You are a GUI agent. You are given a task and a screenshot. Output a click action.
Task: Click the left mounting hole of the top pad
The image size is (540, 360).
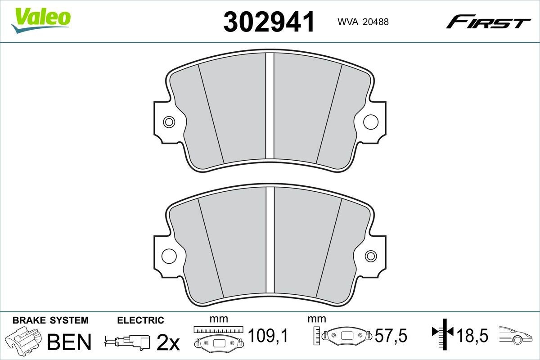[169, 121]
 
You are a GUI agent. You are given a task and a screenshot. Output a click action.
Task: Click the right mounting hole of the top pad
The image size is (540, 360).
[370, 121]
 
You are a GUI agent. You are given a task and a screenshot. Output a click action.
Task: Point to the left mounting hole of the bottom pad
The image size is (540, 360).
[169, 255]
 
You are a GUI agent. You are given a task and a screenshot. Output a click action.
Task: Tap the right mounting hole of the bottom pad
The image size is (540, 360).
[370, 256]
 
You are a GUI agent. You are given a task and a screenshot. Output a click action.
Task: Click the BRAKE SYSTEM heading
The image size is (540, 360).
[50, 320]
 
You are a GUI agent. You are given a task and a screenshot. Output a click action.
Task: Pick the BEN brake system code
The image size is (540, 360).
[69, 342]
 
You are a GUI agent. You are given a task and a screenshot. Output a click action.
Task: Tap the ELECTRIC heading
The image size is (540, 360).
[140, 320]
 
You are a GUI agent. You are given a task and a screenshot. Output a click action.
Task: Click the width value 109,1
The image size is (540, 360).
[268, 335]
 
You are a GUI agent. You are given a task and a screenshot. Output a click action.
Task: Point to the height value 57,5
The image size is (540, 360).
[391, 335]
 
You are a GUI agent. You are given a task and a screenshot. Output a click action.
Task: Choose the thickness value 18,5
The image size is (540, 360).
[472, 335]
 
